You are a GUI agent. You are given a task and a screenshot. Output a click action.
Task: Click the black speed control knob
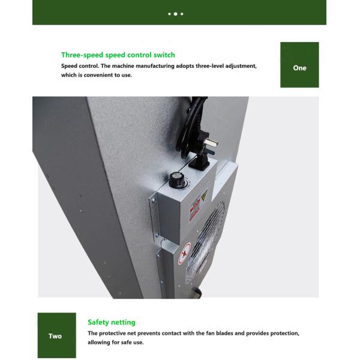tap(177, 179)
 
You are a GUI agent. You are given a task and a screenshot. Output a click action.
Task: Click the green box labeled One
tap(299, 68)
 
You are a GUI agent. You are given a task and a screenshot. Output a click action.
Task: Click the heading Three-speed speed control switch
tap(118, 55)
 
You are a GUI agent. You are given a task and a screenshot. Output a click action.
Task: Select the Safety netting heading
tap(112, 322)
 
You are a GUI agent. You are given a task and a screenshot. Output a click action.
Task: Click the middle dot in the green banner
tap(175, 13)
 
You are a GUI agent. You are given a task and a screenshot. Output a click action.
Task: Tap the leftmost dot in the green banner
tap(169, 13)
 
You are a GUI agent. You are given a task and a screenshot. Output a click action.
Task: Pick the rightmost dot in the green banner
tap(182, 13)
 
